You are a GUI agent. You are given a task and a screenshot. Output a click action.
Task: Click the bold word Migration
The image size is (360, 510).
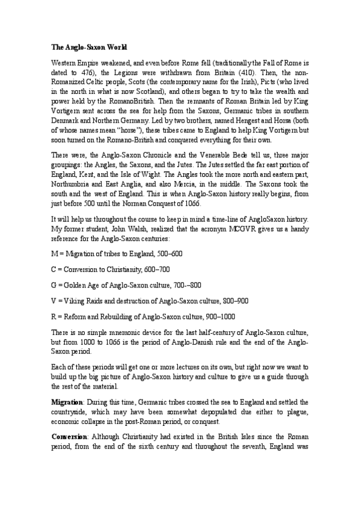click(68, 400)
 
